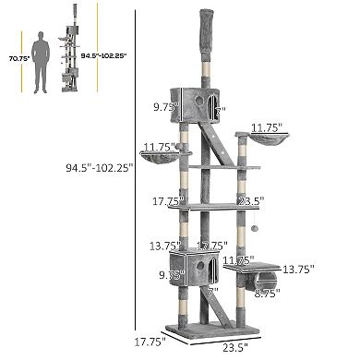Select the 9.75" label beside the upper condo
(165, 107)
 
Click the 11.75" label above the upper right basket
(268, 127)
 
